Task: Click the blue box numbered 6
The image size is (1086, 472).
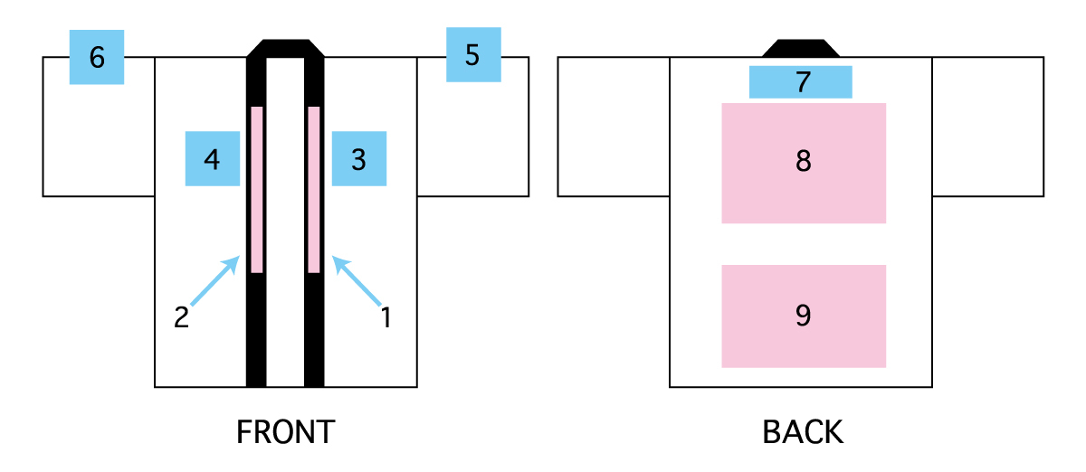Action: [x=97, y=57]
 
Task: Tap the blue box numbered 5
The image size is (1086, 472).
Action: [x=472, y=54]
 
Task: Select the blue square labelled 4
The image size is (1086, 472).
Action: [x=212, y=159]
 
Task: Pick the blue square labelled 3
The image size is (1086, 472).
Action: [x=358, y=159]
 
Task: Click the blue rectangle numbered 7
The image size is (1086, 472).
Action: [x=801, y=81]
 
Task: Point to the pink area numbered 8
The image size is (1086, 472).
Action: [x=803, y=163]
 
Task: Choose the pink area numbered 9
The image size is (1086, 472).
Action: [x=803, y=316]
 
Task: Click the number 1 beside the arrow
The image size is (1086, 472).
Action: [x=386, y=317]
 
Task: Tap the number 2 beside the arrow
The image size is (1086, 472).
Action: [x=181, y=317]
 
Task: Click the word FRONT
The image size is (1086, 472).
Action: [x=285, y=432]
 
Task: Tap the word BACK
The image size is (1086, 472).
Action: [x=803, y=432]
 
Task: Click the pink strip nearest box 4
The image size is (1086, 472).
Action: [x=257, y=189]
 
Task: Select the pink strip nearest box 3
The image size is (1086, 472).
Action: [x=314, y=189]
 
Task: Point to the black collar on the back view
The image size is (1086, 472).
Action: [x=801, y=49]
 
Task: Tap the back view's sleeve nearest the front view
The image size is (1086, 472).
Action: [x=613, y=127]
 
